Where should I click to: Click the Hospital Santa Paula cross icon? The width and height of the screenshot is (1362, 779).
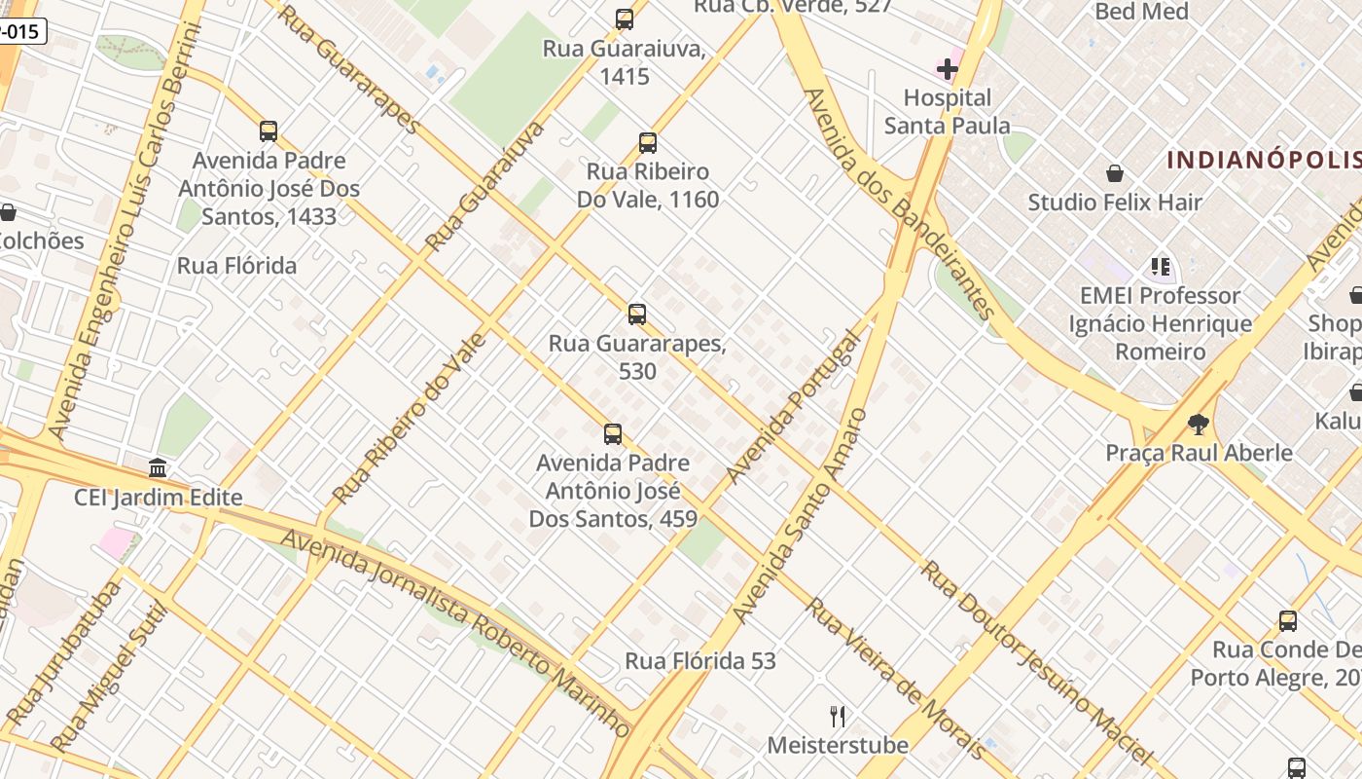(947, 69)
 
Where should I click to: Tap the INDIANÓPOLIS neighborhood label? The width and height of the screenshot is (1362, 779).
(1263, 161)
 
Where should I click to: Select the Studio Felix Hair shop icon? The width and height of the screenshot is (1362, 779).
(1115, 174)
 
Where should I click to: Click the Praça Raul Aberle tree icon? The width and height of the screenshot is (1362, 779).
(1199, 425)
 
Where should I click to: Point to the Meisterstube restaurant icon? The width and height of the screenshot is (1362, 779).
(838, 718)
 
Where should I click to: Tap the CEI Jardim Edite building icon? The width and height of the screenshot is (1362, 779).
(158, 468)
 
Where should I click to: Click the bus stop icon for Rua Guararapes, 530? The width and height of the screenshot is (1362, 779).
(637, 315)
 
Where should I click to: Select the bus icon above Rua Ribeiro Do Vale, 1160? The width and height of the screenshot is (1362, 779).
(648, 143)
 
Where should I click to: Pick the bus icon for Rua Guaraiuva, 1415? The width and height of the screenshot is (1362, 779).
(625, 19)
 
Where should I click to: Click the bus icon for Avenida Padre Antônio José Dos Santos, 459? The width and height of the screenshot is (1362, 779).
(613, 434)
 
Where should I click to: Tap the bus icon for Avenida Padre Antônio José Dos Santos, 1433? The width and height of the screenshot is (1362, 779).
(269, 131)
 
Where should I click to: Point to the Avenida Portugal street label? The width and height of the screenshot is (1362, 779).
(795, 407)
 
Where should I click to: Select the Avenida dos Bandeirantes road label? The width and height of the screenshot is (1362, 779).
(899, 204)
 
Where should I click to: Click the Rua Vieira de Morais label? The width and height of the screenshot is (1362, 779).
(895, 677)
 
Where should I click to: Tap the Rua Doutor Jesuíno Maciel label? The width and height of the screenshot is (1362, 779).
(1036, 662)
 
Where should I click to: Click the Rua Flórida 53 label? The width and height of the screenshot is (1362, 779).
(700, 661)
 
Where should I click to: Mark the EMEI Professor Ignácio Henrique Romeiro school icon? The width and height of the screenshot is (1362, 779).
(1160, 267)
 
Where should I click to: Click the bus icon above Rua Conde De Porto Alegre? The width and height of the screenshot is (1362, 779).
(1288, 621)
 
